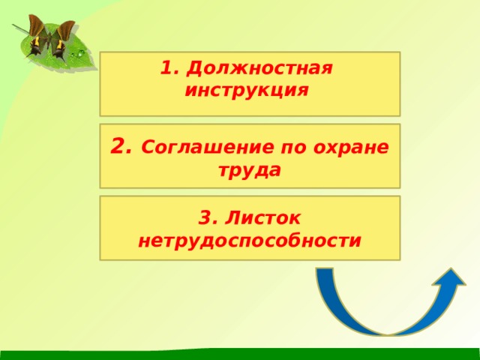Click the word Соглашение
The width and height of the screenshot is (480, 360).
[x=199, y=148]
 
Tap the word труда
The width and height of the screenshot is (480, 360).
[x=250, y=170]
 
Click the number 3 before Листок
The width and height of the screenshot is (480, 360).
[x=206, y=218]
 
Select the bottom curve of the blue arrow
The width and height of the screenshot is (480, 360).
[x=384, y=330]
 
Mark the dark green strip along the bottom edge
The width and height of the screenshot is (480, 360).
[x=240, y=354]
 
